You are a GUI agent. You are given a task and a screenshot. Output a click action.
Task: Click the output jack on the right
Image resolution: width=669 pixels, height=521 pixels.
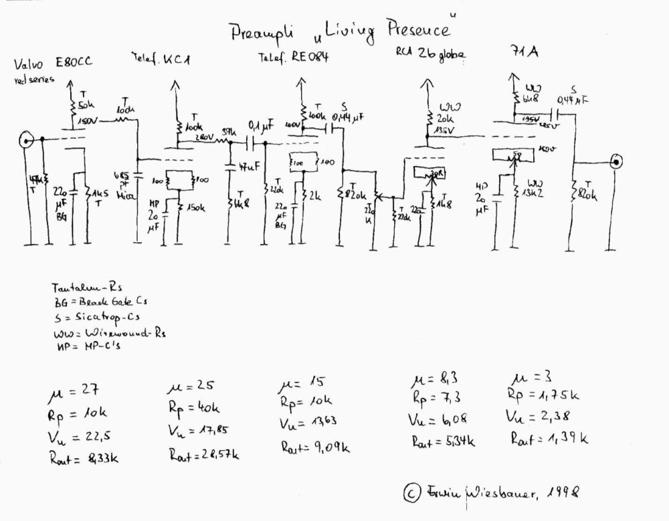[x=616, y=161]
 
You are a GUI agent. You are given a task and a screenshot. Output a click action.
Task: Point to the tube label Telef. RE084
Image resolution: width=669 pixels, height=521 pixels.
[x=293, y=58]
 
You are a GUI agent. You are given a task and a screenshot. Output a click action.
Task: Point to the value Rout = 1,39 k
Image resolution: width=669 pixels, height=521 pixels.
[x=549, y=439]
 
